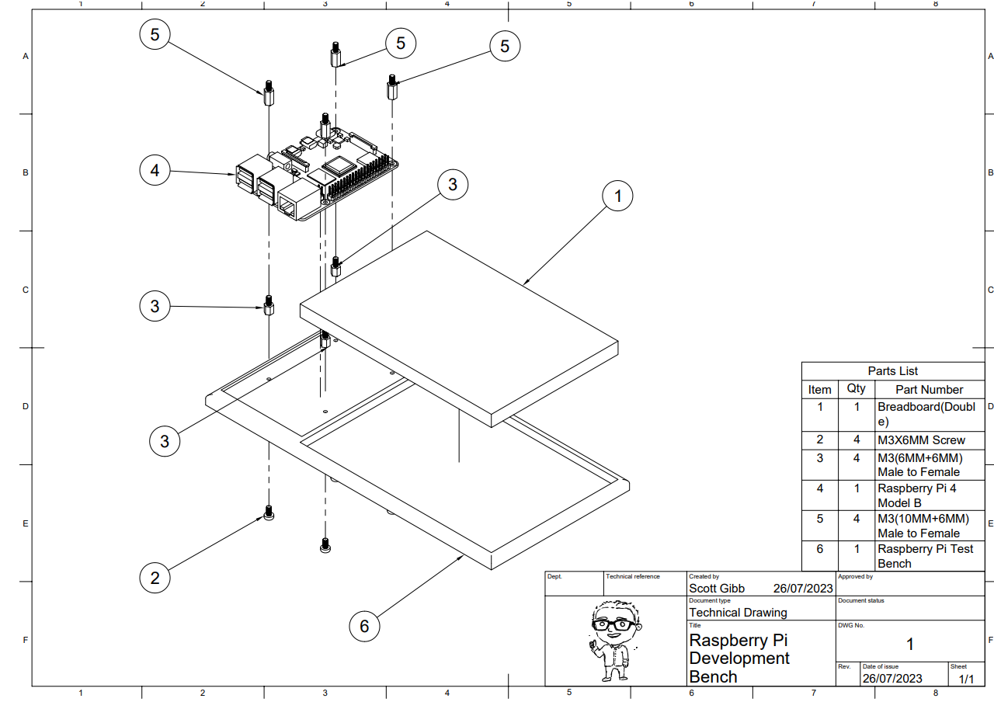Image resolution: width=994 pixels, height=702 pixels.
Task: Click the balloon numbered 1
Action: coord(618,196)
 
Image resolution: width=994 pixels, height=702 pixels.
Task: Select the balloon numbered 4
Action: coord(155,170)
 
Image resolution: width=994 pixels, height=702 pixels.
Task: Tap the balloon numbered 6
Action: coord(364,626)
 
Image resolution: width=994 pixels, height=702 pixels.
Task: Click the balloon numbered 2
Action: coord(155,578)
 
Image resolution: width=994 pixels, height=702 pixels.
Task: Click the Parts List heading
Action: coord(892,371)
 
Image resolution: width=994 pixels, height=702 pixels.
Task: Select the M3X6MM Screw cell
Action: coord(921,440)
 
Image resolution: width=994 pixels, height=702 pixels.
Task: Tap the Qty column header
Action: coord(856,389)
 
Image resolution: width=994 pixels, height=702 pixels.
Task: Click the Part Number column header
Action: coord(929,389)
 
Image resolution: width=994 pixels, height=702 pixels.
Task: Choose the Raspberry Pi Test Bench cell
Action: coord(925,556)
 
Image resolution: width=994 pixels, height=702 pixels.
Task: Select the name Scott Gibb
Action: coord(717,588)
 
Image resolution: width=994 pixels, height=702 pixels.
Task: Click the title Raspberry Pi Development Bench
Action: coord(739,659)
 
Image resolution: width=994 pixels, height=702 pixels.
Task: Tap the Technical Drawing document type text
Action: coord(738,612)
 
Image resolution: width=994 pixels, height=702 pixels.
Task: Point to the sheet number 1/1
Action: coord(965,679)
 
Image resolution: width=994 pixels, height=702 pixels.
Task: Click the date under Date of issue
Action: coord(892,679)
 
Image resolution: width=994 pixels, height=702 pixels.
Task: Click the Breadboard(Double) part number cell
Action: coord(926,414)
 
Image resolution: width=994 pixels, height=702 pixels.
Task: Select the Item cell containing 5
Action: coord(819,518)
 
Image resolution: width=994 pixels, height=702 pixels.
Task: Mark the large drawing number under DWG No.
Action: coord(909,644)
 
